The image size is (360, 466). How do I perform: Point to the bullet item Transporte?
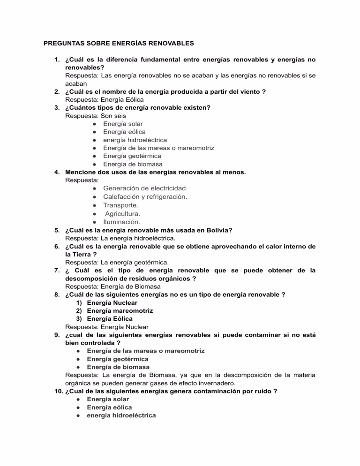(120, 205)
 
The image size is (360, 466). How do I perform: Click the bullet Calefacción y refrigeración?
(145, 196)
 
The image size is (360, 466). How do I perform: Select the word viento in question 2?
(250, 92)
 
